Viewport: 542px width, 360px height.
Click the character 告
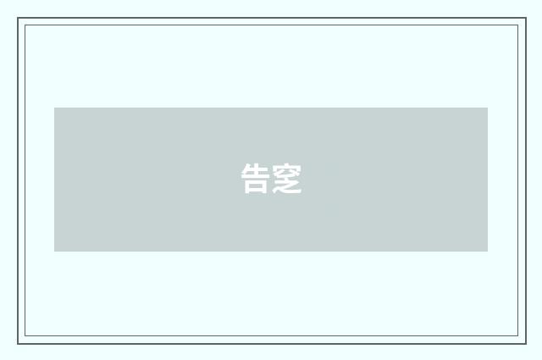pyautogui.click(x=256, y=179)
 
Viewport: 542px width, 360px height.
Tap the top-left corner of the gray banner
pyautogui.click(x=54, y=108)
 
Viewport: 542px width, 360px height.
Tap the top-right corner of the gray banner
pyautogui.click(x=488, y=108)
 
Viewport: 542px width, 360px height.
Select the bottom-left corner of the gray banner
pyautogui.click(x=54, y=252)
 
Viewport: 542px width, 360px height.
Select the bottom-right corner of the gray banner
pyautogui.click(x=488, y=252)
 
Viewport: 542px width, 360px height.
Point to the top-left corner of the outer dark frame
pyautogui.click(x=18, y=18)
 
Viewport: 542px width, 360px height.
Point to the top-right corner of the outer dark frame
pyautogui.click(x=525, y=18)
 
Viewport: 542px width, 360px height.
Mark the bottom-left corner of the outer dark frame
pyautogui.click(x=18, y=343)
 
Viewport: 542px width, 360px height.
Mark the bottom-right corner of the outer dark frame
pyautogui.click(x=525, y=343)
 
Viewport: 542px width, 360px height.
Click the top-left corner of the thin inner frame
pyautogui.click(x=25, y=25)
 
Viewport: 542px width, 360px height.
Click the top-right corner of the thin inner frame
pyautogui.click(x=518, y=25)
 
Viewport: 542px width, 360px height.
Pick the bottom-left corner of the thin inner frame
pyautogui.click(x=25, y=336)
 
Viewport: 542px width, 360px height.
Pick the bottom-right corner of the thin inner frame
pyautogui.click(x=518, y=336)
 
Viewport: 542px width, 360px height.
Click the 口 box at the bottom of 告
pyautogui.click(x=256, y=187)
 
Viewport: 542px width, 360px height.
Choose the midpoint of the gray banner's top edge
pyautogui.click(x=271, y=108)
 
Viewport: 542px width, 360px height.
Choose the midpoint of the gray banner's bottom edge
pyautogui.click(x=271, y=252)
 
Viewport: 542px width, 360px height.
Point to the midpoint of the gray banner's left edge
pyautogui.click(x=54, y=180)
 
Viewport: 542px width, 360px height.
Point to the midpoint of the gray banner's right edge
pyautogui.click(x=488, y=180)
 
